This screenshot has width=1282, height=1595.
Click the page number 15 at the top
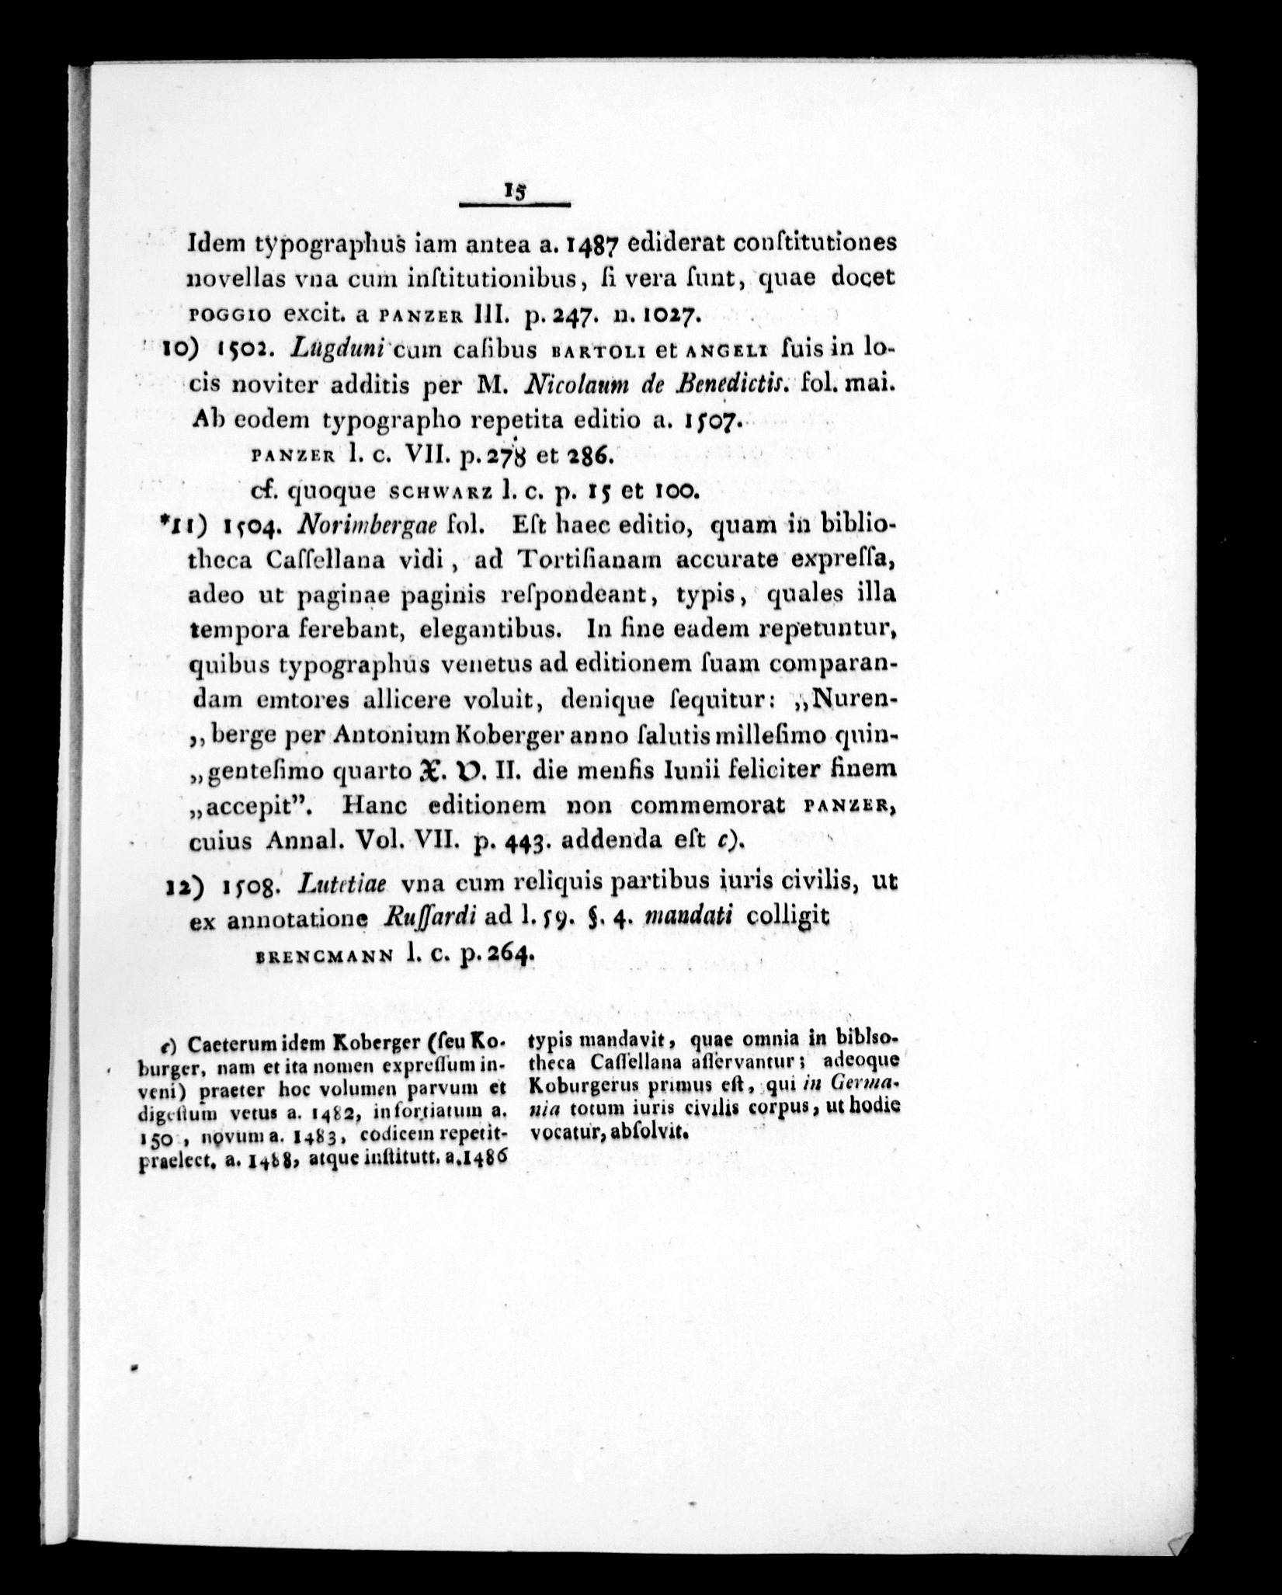[x=515, y=189]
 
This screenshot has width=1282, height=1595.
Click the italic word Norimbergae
[x=361, y=526]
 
